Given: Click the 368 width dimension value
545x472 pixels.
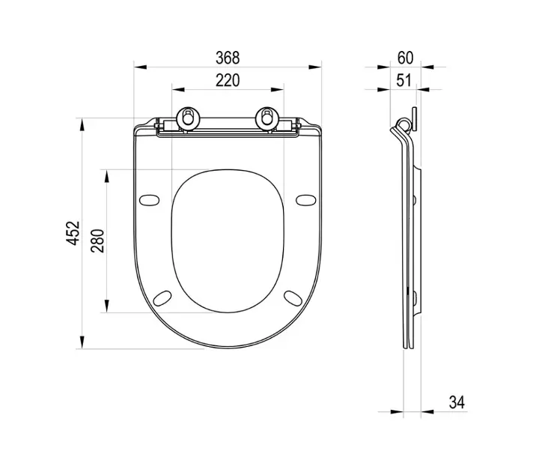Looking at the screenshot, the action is point(228,58).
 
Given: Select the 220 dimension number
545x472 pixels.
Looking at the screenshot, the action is point(228,80).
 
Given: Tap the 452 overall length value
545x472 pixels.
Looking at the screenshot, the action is point(73,233).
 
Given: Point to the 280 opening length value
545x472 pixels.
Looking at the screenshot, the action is point(97,240).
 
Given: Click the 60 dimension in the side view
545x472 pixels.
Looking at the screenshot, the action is point(405,58).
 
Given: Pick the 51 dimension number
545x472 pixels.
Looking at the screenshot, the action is point(404,80).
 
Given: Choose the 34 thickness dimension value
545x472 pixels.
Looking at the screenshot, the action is point(457,402).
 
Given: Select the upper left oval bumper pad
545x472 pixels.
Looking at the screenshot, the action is point(149,200).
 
